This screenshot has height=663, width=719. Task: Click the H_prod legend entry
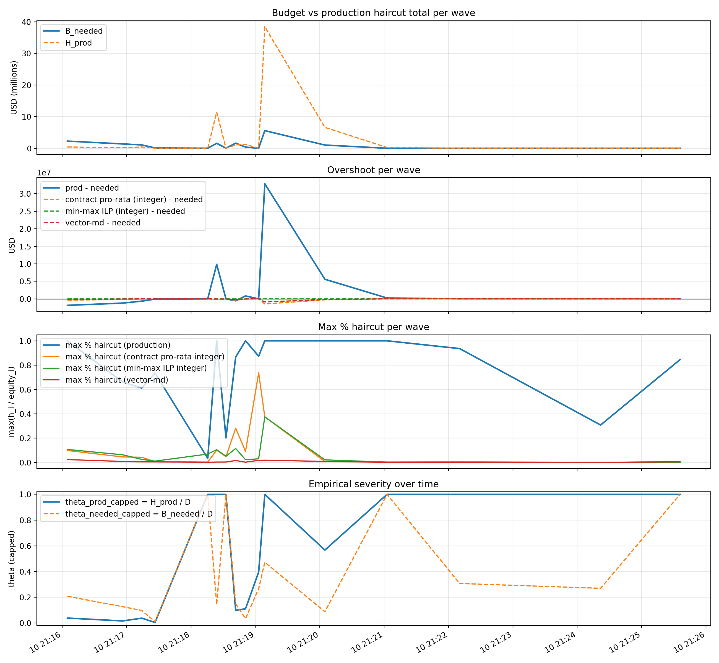click(78, 43)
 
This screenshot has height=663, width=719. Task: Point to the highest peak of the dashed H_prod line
click(265, 27)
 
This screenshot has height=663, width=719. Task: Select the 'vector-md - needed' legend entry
click(102, 223)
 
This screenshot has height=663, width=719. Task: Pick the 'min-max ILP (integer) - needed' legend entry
click(125, 211)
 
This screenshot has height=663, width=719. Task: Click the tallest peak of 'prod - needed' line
click(265, 184)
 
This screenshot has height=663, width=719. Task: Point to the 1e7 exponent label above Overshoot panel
click(44, 173)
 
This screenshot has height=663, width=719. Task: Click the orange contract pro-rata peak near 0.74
click(259, 373)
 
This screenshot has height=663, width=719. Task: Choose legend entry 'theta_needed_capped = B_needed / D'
click(139, 514)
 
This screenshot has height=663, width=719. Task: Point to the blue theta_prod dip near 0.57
click(325, 550)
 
